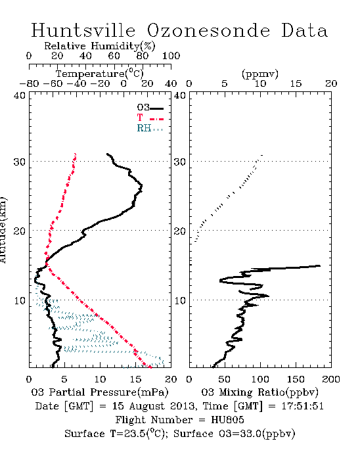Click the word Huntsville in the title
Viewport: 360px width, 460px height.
83,30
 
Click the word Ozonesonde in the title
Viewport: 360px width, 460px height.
208,30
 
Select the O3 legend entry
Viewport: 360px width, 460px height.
150,108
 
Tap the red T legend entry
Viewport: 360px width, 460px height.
150,118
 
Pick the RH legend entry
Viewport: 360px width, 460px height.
150,128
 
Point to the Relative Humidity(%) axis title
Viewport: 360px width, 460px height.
100,46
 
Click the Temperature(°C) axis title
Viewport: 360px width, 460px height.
100,74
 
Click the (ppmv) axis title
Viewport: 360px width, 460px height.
260,74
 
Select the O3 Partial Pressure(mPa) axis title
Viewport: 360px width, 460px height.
100,392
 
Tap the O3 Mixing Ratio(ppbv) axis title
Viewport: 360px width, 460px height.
259,392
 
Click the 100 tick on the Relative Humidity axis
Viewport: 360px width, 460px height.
171,56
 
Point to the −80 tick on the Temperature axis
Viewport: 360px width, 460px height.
30,83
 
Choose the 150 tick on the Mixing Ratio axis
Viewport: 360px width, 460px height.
296,379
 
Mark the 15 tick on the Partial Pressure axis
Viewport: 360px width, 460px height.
135,379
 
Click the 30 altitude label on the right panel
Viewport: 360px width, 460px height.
180,162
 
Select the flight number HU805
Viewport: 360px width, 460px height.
227,419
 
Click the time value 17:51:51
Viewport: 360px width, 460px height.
303,406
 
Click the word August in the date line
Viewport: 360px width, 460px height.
146,407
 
